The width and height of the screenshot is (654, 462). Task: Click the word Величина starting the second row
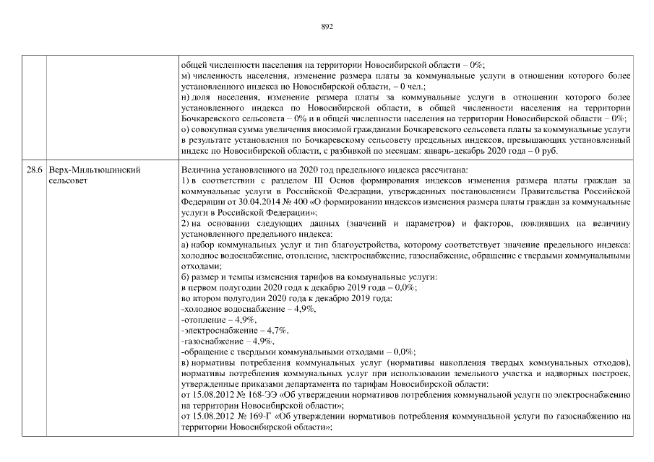coord(199,169)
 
